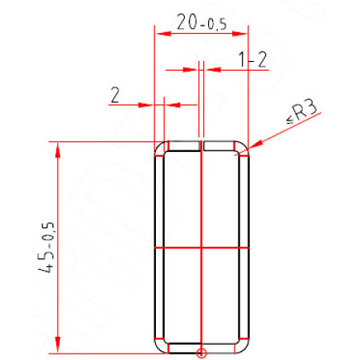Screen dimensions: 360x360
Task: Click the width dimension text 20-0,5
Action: point(202,22)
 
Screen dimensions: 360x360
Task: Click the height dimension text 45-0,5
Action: point(47,247)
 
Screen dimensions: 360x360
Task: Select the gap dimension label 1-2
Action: point(252,59)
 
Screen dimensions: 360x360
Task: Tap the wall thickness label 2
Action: point(115,95)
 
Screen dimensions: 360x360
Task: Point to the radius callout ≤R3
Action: point(302,112)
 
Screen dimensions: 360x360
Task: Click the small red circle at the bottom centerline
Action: point(201,353)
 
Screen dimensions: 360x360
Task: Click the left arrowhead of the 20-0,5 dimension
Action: point(163,34)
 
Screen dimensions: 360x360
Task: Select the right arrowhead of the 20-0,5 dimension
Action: point(239,34)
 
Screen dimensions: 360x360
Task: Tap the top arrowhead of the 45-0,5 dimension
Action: point(58,150)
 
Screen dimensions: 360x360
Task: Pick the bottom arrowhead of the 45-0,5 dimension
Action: point(58,345)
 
